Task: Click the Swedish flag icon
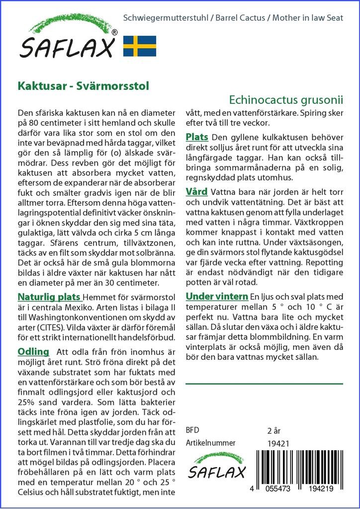(140, 45)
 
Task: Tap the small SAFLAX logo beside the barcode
(215, 465)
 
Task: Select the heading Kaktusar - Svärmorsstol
(83, 85)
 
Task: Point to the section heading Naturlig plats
(50, 297)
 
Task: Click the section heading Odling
(33, 351)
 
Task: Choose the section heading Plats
(196, 137)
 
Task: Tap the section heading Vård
(197, 191)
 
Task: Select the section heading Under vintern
(217, 296)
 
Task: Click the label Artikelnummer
(210, 443)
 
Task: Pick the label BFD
(192, 430)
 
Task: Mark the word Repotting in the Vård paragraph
(324, 262)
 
